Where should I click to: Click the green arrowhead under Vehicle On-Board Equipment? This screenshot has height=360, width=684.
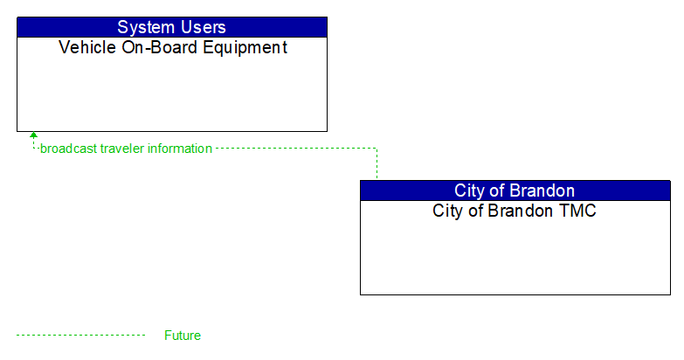[33, 136]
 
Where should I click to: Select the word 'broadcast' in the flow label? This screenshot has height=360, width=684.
[68, 149]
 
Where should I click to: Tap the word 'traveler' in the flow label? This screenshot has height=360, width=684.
[121, 149]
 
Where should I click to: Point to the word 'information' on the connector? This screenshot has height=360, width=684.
[179, 149]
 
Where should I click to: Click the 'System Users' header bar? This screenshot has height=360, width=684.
[172, 27]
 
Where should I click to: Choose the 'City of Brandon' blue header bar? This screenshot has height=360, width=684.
[515, 190]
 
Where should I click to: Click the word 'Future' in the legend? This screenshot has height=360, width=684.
[183, 336]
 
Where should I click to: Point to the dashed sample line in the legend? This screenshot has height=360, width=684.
[80, 336]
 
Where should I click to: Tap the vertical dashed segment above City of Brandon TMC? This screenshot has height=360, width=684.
[377, 164]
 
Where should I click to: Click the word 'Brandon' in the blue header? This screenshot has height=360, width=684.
[543, 190]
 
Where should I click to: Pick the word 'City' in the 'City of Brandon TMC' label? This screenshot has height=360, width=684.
[448, 211]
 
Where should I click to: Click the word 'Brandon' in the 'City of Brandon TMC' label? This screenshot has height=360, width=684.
[515, 211]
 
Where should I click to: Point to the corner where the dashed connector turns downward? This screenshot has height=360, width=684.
[377, 149]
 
